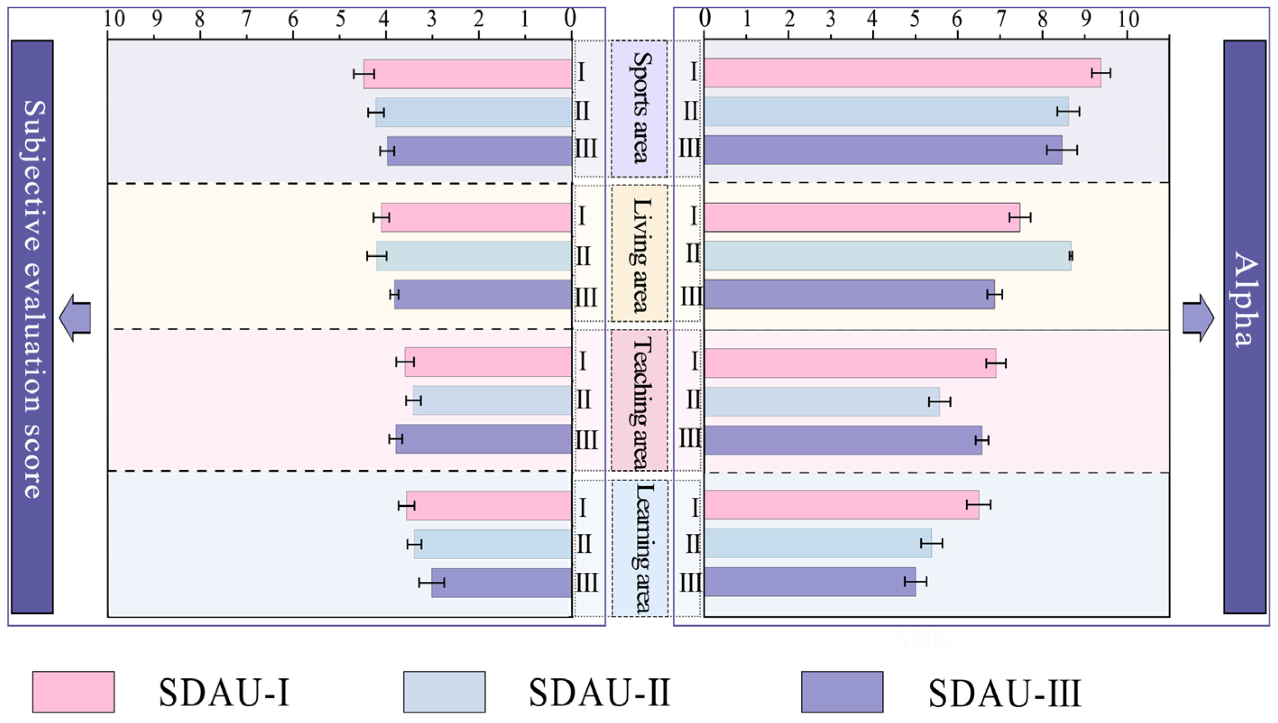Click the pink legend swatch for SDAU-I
[73, 692]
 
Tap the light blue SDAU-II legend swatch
[444, 692]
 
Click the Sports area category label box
[639, 108]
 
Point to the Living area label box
[639, 253]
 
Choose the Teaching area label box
[639, 400]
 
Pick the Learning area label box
[639, 548]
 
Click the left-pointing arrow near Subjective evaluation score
[75, 317]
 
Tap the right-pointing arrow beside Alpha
[1198, 317]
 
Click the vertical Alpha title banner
[1244, 327]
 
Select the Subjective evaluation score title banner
[32, 327]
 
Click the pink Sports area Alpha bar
[902, 73]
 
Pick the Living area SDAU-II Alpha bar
[887, 256]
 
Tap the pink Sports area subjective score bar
[467, 74]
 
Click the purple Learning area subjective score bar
[501, 583]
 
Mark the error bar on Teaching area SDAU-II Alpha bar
[940, 402]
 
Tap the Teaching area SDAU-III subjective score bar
[483, 439]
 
